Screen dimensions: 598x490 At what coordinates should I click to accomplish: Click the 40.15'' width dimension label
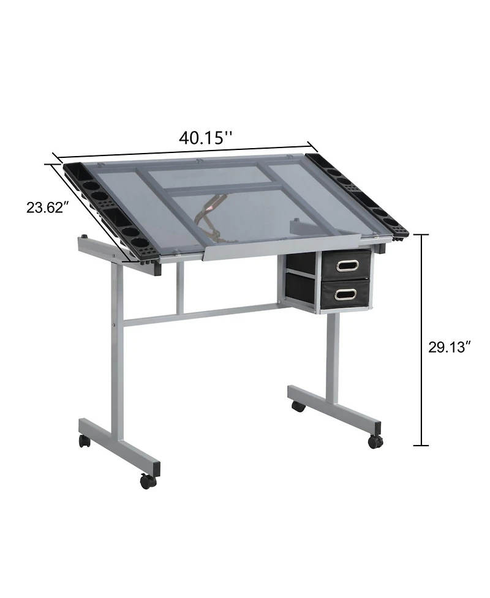pyautogui.click(x=205, y=137)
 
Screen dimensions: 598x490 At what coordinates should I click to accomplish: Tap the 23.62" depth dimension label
pyautogui.click(x=45, y=207)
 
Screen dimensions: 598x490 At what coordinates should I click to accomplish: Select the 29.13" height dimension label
pyautogui.click(x=449, y=347)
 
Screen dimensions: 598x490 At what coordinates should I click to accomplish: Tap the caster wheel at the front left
pyautogui.click(x=148, y=481)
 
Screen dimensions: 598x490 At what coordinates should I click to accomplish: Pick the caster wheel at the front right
pyautogui.click(x=375, y=441)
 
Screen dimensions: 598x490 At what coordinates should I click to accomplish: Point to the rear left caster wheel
pyautogui.click(x=85, y=441)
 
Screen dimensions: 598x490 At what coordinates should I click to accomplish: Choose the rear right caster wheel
pyautogui.click(x=298, y=406)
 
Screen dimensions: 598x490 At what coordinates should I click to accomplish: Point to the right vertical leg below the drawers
pyautogui.click(x=333, y=355)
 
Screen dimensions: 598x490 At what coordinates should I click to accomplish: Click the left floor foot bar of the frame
pyautogui.click(x=119, y=444)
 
